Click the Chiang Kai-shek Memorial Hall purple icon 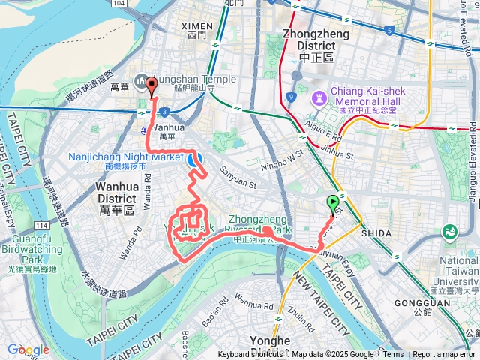(319, 97)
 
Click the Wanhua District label (116, 192)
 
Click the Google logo (28, 349)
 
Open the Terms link (393, 355)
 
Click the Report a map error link (444, 355)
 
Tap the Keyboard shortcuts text (250, 355)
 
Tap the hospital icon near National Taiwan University (450, 232)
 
